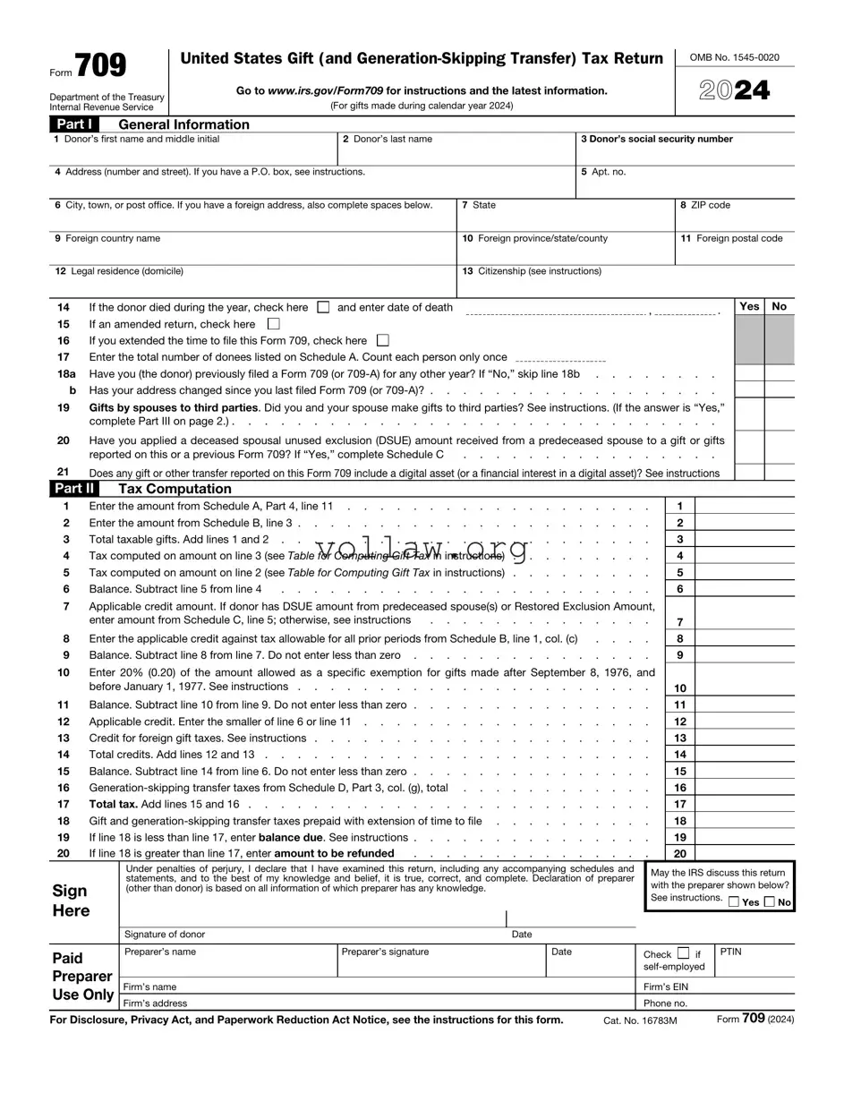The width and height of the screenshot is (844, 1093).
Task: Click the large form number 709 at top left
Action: (x=100, y=66)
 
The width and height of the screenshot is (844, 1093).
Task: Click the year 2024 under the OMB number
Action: (x=734, y=90)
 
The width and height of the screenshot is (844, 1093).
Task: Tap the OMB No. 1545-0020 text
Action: (x=734, y=57)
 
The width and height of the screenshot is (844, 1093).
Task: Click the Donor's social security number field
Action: (x=685, y=155)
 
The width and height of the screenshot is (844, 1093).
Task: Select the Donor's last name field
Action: (x=456, y=155)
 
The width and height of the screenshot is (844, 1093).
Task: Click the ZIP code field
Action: (x=735, y=220)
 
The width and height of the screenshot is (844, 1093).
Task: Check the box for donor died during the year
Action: (x=324, y=307)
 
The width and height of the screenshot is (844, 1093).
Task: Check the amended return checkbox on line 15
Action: (x=274, y=324)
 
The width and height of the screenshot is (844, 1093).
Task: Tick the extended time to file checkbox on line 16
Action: (x=383, y=340)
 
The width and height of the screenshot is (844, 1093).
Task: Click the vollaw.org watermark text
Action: (x=422, y=548)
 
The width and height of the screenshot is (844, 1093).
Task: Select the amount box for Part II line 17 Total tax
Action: (x=744, y=804)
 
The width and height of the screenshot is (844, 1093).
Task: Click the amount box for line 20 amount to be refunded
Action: (x=744, y=854)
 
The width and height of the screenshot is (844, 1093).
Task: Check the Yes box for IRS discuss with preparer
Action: (x=734, y=902)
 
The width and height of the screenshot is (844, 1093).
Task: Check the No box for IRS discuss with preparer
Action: (x=770, y=902)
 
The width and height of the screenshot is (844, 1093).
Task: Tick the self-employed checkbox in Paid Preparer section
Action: (x=684, y=953)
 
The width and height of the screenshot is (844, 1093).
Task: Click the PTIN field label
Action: (x=731, y=952)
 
